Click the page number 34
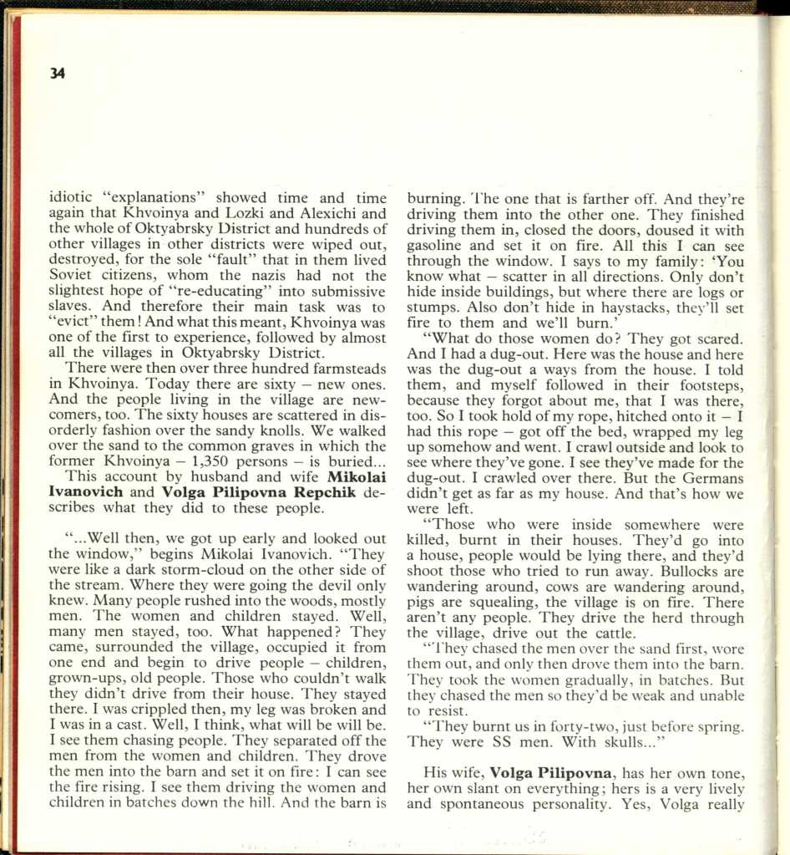click(x=58, y=73)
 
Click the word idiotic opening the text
click(x=72, y=199)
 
